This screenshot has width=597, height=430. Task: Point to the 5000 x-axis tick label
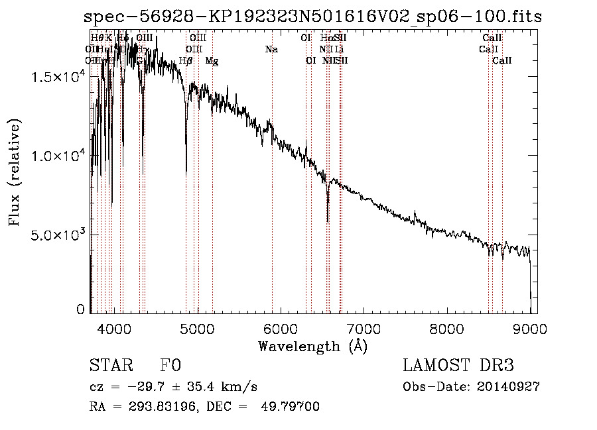tap(197, 328)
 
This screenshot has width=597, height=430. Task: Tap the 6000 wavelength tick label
tap(280, 328)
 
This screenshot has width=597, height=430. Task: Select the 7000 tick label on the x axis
tap(364, 328)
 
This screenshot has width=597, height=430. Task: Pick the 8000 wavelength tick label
tap(446, 328)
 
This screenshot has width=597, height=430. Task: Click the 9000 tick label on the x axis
tap(529, 328)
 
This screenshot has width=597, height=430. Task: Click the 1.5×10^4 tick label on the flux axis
tap(59, 78)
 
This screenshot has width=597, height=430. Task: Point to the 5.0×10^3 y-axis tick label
tap(59, 235)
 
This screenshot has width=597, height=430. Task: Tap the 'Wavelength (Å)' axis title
tap(312, 346)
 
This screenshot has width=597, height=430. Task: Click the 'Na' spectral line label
tap(271, 50)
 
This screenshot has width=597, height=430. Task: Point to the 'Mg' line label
tap(212, 61)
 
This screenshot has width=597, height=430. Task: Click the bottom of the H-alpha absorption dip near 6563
tap(328, 222)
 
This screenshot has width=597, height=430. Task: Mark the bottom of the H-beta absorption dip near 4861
tap(186, 174)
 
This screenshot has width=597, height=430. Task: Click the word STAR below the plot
tap(111, 366)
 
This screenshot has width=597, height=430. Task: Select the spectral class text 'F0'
tap(170, 366)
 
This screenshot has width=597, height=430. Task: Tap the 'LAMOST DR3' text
tap(458, 366)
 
